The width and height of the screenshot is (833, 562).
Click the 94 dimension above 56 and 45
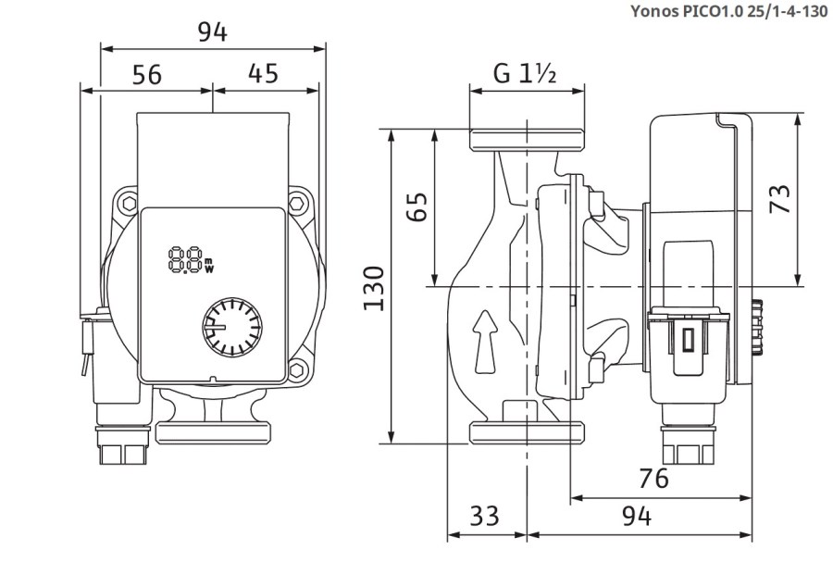212,31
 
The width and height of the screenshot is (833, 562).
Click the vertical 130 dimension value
374,288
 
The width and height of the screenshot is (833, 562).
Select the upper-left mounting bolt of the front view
127,201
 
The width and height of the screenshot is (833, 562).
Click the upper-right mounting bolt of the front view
298,201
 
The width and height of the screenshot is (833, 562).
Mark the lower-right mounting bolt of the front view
298,372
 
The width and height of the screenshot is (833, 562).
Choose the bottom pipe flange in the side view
527,433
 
